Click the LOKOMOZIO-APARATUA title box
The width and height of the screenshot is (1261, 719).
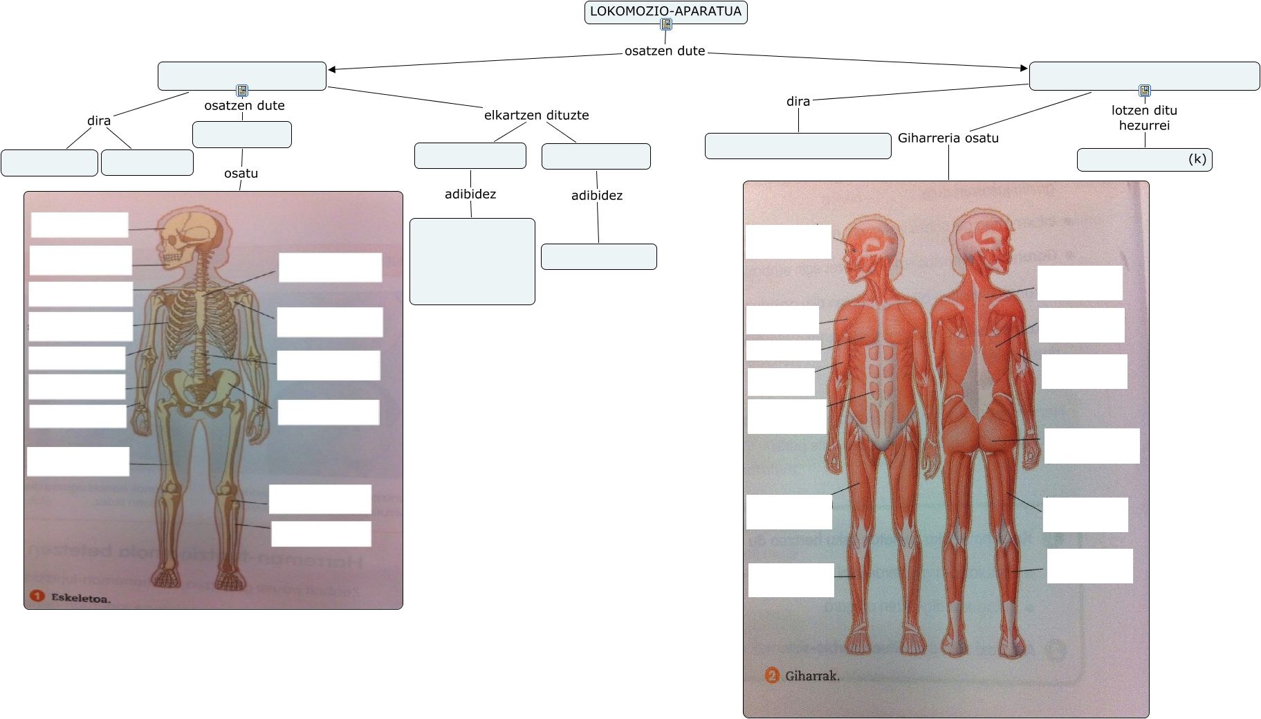665,12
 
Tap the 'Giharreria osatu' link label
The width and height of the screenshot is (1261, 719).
948,138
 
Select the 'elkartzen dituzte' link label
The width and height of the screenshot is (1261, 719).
536,115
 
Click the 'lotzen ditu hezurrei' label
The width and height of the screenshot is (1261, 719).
1144,118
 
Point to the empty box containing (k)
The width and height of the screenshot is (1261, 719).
1144,160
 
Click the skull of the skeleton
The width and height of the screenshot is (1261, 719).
179,235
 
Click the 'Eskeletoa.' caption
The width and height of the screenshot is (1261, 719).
80,598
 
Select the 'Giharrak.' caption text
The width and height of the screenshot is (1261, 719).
812,675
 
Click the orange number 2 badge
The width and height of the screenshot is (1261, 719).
772,675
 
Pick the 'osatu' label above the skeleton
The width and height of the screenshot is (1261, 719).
241,173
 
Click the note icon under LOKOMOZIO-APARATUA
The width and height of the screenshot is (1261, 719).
666,25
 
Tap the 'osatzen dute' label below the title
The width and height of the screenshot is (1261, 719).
665,51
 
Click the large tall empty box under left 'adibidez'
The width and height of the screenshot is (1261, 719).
472,262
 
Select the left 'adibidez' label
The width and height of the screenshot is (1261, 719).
470,194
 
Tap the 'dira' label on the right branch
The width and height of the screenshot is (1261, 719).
798,101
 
